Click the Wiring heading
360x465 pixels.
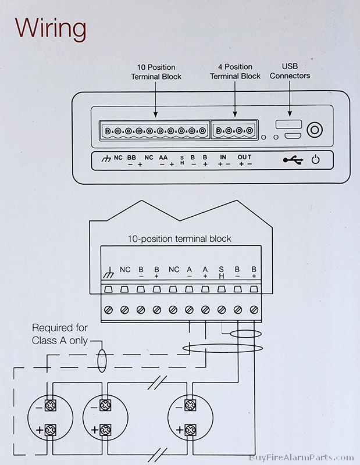tap(51, 27)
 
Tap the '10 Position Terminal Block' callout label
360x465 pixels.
tap(156, 72)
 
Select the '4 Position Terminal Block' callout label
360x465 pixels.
tap(235, 72)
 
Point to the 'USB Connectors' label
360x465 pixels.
tap(290, 71)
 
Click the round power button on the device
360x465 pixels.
tap(315, 130)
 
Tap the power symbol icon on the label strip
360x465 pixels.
tap(316, 159)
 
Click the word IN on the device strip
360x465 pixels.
tap(223, 157)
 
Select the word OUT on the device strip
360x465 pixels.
tap(244, 157)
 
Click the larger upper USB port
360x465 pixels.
tap(289, 124)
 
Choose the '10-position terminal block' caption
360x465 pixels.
tap(179, 239)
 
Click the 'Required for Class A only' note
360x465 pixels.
tap(59, 334)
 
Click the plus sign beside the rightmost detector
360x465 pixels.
tap(180, 430)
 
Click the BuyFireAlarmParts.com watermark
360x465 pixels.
tap(301, 459)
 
